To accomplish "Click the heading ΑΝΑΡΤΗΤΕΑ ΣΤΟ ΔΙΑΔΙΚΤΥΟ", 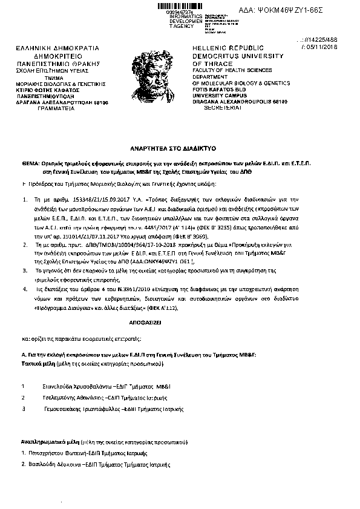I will tap(180, 148).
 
